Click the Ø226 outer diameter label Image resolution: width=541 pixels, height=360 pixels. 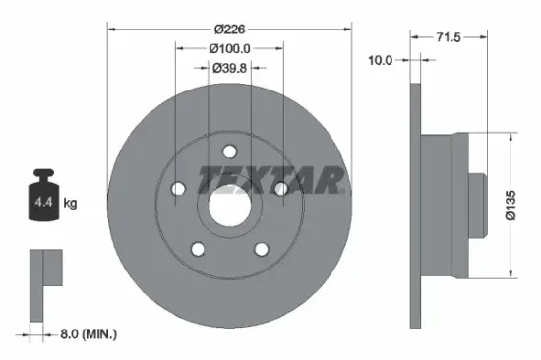pos(228,30)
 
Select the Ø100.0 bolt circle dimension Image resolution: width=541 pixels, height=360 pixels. pos(228,48)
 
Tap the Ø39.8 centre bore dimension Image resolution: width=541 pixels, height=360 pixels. pos(228,68)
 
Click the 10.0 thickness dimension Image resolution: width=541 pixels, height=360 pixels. pos(380,60)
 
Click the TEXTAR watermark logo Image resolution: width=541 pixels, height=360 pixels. pos(270,180)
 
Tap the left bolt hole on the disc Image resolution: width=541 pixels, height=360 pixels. pos(178,189)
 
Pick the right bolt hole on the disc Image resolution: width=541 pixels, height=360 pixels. pos(279,188)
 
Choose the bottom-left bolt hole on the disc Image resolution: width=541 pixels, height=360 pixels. pos(197,248)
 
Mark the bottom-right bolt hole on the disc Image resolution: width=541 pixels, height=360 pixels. pos(260,248)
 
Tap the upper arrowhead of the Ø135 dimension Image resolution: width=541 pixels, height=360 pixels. pos(510,138)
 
